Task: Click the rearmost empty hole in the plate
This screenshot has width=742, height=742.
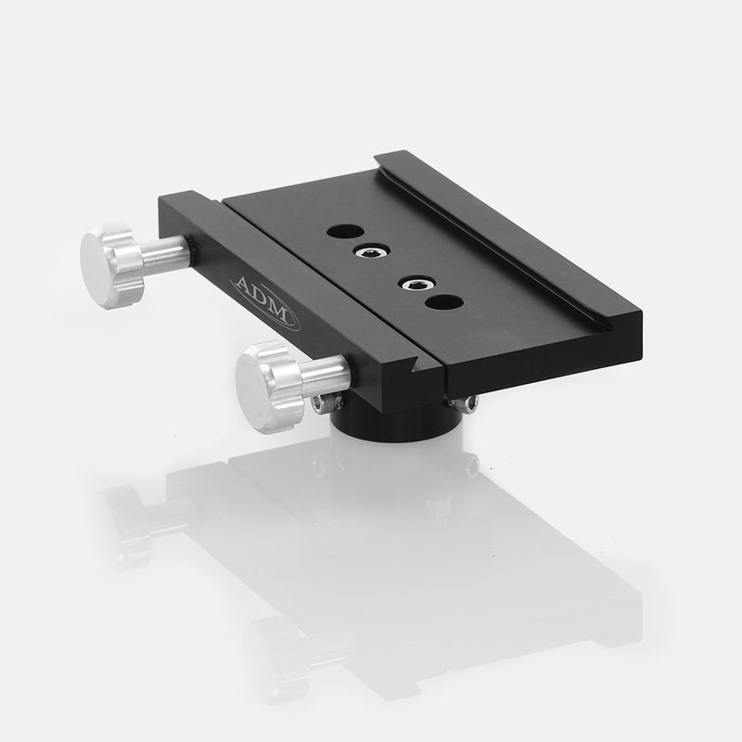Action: point(342,230)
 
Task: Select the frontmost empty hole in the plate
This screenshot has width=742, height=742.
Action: point(443,302)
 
